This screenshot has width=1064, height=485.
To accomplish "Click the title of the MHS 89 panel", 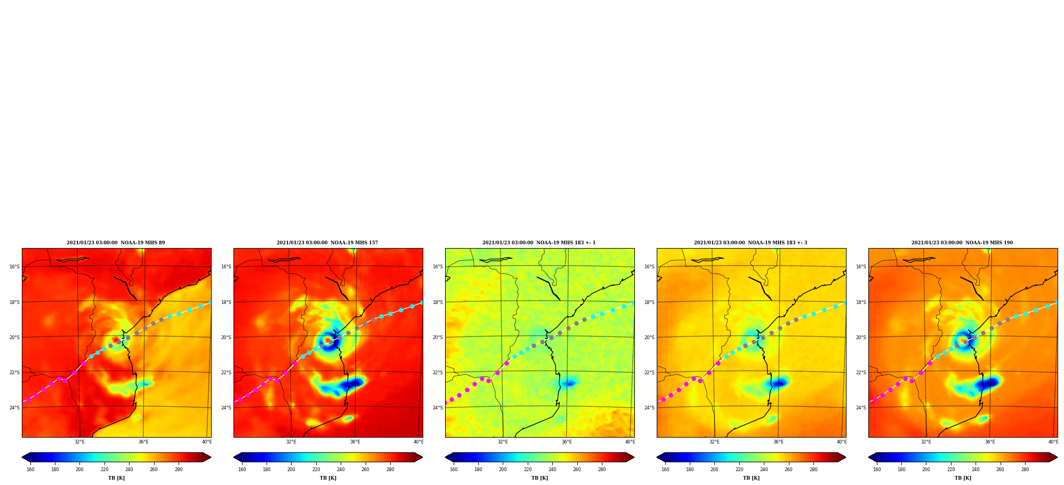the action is (116, 243).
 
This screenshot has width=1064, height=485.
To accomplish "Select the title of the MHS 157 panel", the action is (327, 243).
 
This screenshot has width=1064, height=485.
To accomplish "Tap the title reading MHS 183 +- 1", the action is (539, 243).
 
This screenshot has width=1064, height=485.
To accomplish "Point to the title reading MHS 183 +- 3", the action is (751, 243).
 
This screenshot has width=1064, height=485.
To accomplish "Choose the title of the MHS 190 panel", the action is (962, 243).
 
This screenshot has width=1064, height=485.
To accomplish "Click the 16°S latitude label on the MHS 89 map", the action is (14, 267).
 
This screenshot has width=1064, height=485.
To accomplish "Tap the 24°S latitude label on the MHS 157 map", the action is (226, 408).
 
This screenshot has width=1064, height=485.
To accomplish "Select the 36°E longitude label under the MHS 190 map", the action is (990, 442).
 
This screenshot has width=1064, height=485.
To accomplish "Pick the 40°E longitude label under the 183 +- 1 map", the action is (630, 442).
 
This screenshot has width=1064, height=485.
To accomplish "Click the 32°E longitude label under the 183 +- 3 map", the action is (714, 442).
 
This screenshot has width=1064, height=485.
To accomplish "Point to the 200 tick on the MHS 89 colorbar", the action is (79, 470).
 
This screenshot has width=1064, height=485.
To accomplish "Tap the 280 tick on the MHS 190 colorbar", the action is (1025, 470).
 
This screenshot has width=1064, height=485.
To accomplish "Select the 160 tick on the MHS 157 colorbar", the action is (242, 470).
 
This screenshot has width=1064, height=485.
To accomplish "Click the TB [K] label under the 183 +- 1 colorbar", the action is (539, 478).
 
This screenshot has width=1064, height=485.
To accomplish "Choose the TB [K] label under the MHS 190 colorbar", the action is (963, 478).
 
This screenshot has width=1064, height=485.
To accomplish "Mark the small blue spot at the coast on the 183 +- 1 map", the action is (569, 383).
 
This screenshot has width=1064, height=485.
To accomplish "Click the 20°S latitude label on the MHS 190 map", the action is (861, 338).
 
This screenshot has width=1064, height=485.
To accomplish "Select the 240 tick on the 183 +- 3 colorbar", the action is (764, 470).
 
